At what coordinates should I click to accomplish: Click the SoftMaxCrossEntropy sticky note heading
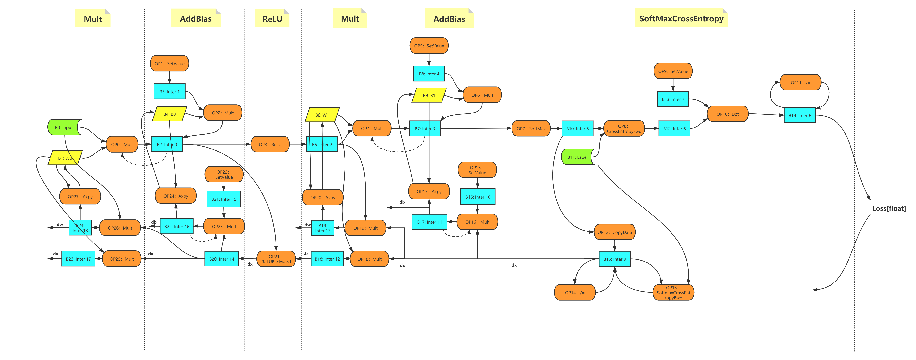[681, 19]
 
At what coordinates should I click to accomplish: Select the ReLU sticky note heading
[272, 19]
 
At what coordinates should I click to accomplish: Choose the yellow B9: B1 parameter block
[429, 95]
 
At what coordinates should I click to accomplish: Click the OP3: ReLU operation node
[270, 144]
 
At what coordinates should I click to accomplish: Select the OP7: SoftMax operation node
[531, 129]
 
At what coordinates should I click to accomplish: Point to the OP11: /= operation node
[800, 82]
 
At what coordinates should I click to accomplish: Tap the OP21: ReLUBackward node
[276, 259]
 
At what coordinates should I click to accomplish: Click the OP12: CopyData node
[614, 232]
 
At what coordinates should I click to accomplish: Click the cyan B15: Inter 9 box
[614, 259]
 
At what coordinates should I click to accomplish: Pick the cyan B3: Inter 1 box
[169, 92]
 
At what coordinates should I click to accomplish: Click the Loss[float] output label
[889, 208]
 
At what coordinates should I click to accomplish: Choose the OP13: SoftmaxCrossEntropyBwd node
[673, 292]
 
